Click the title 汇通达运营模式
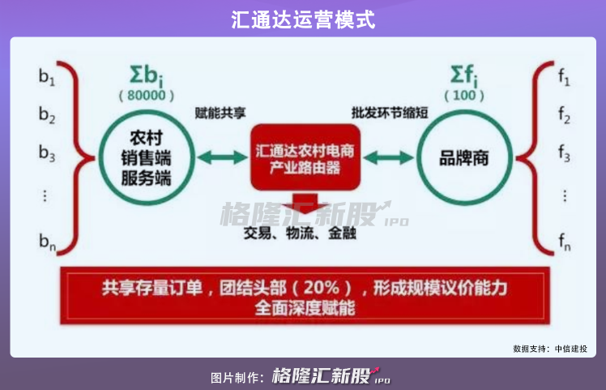302,19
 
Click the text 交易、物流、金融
304,236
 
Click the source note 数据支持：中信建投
550,349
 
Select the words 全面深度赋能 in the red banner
305,308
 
